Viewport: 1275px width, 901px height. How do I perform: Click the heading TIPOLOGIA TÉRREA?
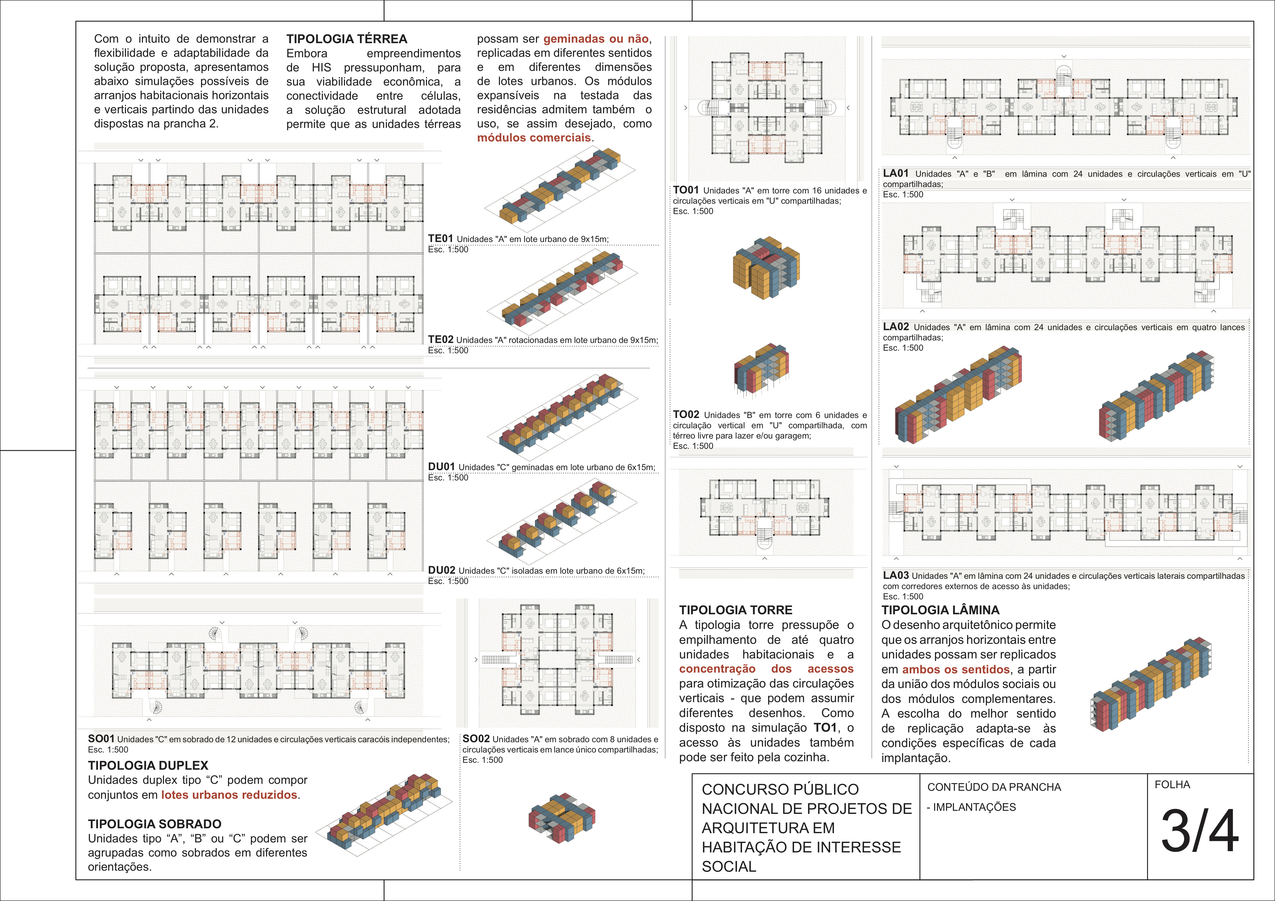[347, 39]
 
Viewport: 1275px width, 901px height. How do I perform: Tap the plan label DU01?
[441, 467]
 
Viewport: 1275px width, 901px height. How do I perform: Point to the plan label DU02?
[441, 570]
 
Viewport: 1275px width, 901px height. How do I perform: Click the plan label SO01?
[101, 739]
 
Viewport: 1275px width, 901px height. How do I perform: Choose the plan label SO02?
[476, 739]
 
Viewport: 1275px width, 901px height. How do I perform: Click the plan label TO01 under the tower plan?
[686, 190]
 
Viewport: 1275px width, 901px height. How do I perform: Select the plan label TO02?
[686, 415]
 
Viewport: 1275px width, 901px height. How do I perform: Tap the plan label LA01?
[896, 173]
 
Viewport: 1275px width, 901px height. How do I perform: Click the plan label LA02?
[896, 327]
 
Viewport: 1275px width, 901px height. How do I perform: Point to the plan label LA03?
[896, 576]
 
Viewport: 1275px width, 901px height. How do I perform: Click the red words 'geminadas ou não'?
[596, 39]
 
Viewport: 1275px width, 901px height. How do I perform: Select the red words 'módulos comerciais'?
[534, 138]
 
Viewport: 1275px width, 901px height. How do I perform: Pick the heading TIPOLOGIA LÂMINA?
[940, 610]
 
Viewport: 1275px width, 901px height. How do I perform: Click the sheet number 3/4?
[1199, 831]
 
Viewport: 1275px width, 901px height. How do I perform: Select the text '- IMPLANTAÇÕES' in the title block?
[971, 807]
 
